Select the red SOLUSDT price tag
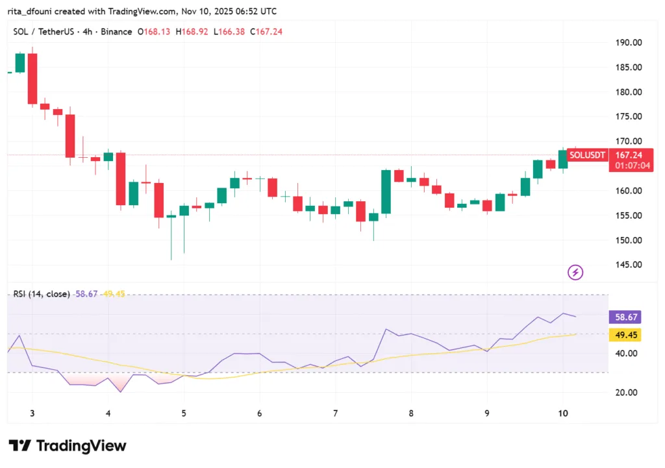tap(587, 155)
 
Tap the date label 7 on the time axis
tap(335, 413)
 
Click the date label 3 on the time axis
tap(32, 413)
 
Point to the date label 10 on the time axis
tap(563, 413)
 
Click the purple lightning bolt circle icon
tap(575, 273)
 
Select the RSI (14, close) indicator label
tap(42, 294)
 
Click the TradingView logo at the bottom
tap(68, 446)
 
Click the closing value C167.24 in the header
tap(267, 32)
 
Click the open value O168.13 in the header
tap(153, 32)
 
